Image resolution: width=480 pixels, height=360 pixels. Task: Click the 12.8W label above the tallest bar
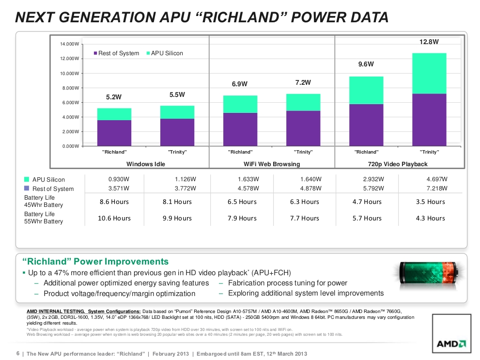(429, 42)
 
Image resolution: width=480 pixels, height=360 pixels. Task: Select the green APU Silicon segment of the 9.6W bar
(366, 90)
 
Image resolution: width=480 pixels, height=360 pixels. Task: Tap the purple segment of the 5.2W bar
(114, 133)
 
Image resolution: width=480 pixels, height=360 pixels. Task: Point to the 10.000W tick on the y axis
(67, 74)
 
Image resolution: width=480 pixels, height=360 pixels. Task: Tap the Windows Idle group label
(146, 164)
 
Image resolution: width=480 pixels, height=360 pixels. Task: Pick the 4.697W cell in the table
(436, 179)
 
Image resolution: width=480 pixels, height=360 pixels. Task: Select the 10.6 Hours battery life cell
(114, 218)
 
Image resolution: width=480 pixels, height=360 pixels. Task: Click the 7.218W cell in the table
(436, 188)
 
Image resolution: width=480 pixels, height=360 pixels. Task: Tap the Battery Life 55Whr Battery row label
(44, 218)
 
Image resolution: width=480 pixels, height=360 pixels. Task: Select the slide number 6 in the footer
(18, 353)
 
